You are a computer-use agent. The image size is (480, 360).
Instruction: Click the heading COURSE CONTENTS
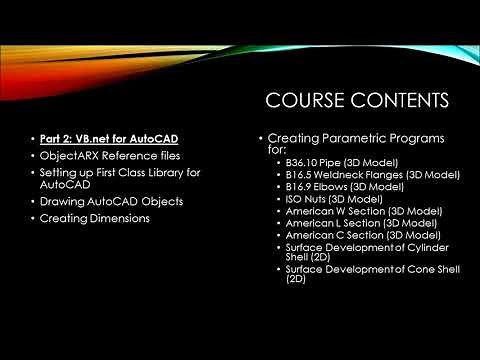tap(355, 100)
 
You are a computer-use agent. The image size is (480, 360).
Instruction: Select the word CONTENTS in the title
tap(399, 100)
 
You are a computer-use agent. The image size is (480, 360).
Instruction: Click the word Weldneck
tap(345, 174)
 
